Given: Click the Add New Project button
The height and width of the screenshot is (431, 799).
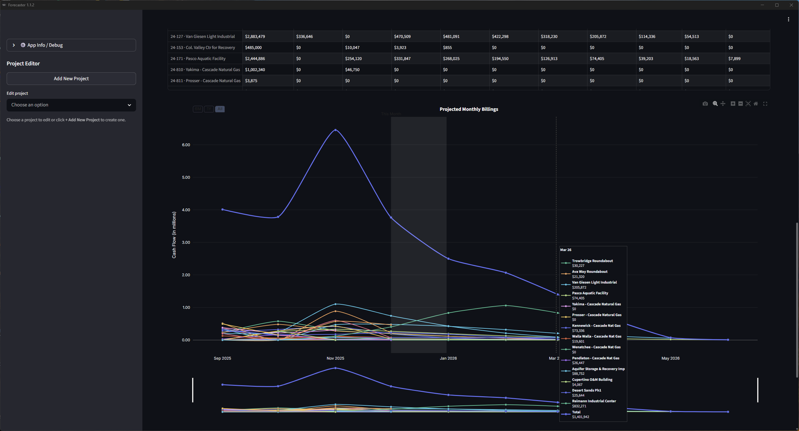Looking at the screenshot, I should (x=71, y=79).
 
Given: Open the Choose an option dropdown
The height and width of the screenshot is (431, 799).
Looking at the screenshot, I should (x=71, y=105).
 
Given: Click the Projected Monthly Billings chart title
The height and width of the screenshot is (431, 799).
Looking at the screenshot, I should (x=469, y=109).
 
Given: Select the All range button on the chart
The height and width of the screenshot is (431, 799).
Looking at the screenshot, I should (x=220, y=109).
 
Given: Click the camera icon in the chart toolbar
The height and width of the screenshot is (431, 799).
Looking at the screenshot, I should (x=705, y=104).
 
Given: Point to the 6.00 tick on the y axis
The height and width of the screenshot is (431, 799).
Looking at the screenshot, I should (x=186, y=145).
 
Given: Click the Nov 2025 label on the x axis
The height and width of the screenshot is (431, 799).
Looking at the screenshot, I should (x=335, y=358).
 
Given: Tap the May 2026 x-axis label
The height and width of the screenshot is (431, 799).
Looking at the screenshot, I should (x=671, y=358).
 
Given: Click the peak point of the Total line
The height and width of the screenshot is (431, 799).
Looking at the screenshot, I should (x=335, y=130).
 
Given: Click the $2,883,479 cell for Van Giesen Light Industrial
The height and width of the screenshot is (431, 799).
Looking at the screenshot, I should (x=255, y=37).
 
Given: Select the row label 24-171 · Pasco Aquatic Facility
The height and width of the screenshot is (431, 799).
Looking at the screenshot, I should (x=198, y=59).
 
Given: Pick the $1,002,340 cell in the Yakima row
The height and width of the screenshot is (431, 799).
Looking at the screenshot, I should (x=255, y=70).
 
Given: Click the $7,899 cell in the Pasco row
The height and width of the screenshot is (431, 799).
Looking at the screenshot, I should (x=734, y=59).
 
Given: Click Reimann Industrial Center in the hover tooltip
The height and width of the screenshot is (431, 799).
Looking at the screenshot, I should (x=594, y=401).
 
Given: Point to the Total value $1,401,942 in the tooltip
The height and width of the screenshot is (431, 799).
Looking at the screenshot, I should (x=581, y=417).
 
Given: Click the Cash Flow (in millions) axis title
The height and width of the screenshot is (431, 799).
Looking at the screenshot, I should (x=174, y=235).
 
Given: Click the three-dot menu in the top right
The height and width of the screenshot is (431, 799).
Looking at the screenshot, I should (x=789, y=20).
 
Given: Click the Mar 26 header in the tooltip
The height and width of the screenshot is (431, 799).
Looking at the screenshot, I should (x=566, y=250).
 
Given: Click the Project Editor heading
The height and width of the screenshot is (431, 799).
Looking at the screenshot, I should (x=23, y=63).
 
